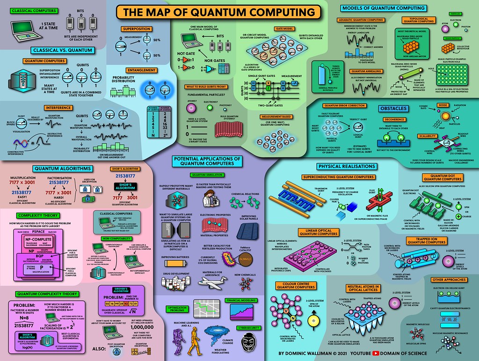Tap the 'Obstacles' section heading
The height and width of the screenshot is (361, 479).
392,109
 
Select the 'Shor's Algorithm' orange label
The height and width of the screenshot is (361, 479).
121,168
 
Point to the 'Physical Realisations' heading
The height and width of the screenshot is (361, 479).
344,166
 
